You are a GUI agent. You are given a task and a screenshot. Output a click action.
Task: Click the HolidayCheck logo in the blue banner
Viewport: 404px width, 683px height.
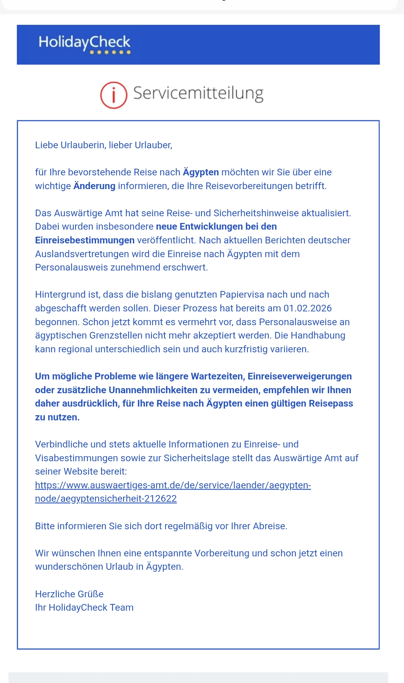tap(84, 42)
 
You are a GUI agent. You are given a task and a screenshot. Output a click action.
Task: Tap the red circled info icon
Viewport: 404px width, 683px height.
tap(114, 95)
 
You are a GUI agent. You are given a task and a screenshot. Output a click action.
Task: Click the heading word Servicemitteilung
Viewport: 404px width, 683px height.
tap(198, 94)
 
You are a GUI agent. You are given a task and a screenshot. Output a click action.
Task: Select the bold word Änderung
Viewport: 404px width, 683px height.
tap(94, 186)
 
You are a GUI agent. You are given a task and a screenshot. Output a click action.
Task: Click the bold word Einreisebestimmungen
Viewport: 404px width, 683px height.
tap(85, 240)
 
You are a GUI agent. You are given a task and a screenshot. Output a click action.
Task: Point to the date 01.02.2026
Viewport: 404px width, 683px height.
tap(308, 308)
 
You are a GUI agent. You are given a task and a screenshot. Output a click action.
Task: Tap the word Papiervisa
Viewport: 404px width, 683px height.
tap(243, 295)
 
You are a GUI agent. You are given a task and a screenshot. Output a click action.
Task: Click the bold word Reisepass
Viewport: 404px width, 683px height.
tap(331, 403)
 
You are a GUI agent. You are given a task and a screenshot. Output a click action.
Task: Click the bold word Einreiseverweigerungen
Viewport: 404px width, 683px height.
tap(300, 376)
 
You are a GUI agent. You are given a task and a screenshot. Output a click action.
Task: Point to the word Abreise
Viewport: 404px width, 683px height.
tap(269, 526)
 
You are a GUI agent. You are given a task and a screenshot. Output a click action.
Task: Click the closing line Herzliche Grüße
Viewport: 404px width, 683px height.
tap(69, 594)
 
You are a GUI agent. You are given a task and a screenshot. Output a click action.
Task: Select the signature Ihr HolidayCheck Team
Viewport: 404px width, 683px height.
tap(84, 608)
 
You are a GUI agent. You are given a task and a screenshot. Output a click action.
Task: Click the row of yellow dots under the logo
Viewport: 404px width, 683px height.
tap(110, 52)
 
